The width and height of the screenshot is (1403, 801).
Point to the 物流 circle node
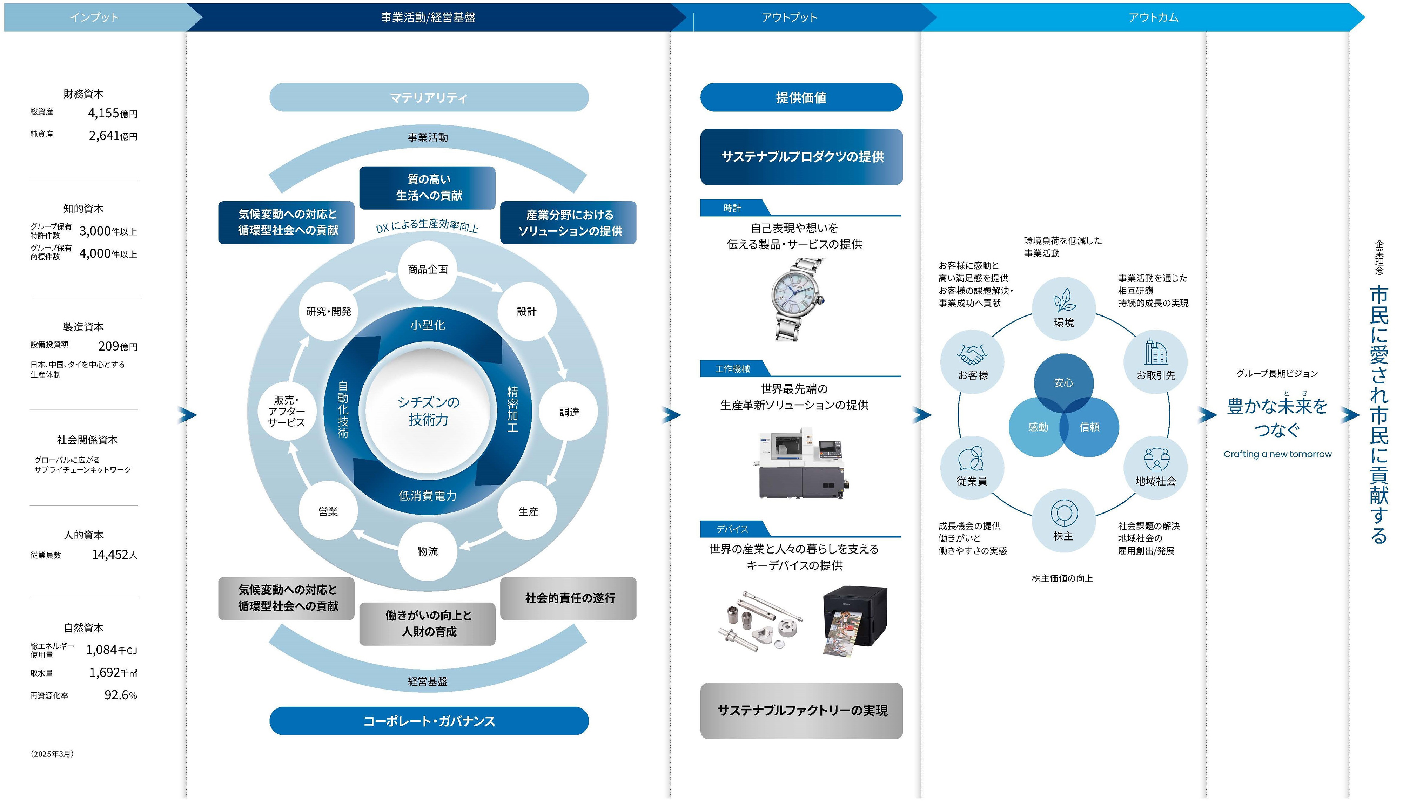coord(428,551)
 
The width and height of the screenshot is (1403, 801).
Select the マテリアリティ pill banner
coord(428,97)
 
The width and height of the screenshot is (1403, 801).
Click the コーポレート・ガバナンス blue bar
coord(428,721)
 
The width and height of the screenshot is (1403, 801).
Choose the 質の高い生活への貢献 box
coord(428,188)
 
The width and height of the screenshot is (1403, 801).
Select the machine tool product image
coord(801,465)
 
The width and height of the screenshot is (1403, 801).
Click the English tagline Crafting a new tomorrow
coord(1277,454)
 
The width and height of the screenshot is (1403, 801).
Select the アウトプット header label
coord(789,17)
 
